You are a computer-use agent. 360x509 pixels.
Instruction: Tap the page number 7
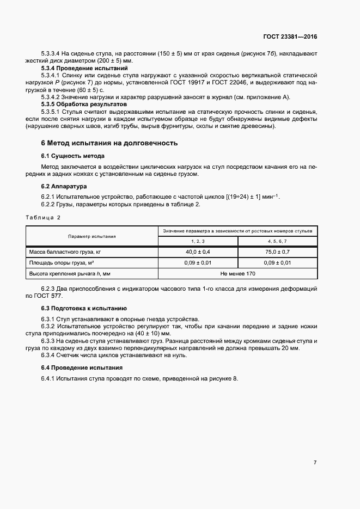pyautogui.click(x=315, y=463)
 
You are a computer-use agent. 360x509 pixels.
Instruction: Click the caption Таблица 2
pyautogui.click(x=44, y=217)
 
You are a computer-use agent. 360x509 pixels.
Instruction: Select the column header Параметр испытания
pyautogui.click(x=91, y=236)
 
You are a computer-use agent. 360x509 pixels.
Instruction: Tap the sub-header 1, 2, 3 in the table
pyautogui.click(x=198, y=241)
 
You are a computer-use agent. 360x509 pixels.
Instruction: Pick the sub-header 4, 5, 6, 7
pyautogui.click(x=278, y=241)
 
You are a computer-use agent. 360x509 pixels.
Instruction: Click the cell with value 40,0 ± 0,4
pyautogui.click(x=198, y=252)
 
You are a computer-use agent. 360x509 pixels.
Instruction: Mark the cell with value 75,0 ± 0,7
pyautogui.click(x=278, y=252)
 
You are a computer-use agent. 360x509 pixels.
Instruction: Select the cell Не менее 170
pyautogui.click(x=237, y=273)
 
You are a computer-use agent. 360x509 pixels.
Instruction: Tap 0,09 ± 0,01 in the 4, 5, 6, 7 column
pyautogui.click(x=278, y=262)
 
